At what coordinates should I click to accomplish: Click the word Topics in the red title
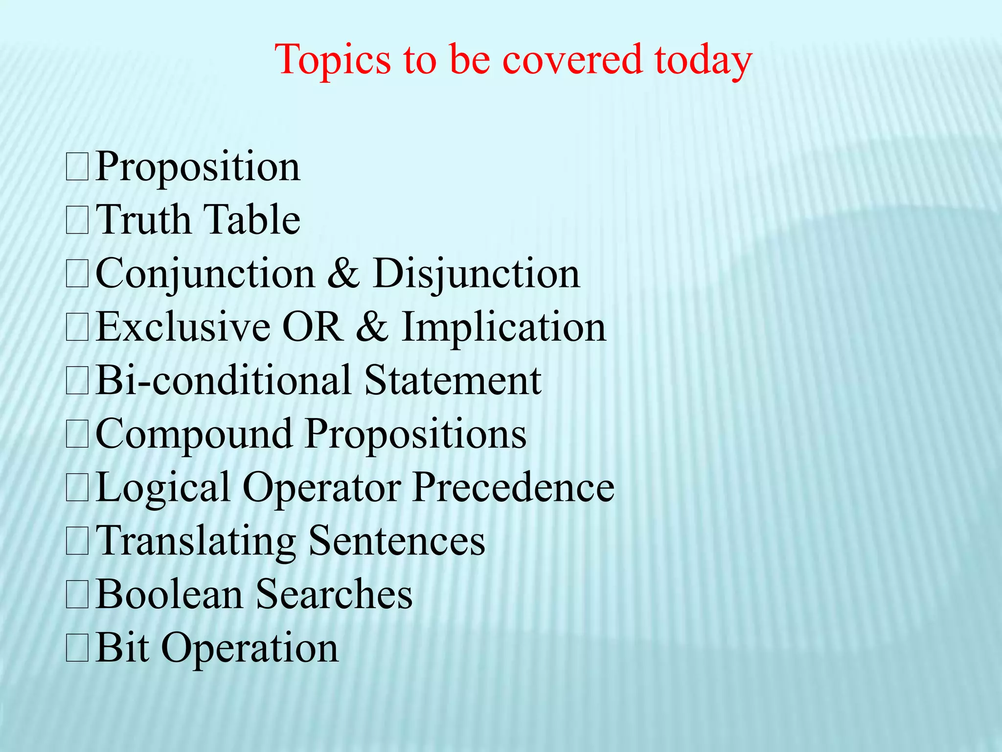pyautogui.click(x=333, y=60)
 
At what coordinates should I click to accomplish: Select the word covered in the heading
pyautogui.click(x=572, y=60)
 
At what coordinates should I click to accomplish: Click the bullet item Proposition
pyautogui.click(x=198, y=167)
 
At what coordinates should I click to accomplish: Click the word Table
pyautogui.click(x=251, y=220)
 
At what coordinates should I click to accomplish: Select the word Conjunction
pyautogui.click(x=205, y=274)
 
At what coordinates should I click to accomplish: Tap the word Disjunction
pyautogui.click(x=476, y=274)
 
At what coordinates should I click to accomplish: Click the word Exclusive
pyautogui.click(x=182, y=327)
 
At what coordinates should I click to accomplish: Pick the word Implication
pyautogui.click(x=503, y=327)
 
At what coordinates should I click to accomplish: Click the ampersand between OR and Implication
pyautogui.click(x=372, y=327)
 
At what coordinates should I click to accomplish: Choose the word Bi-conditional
pyautogui.click(x=223, y=380)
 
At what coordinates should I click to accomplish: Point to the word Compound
pyautogui.click(x=194, y=434)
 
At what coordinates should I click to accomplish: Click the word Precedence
pyautogui.click(x=513, y=488)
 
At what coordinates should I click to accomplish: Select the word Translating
pyautogui.click(x=196, y=541)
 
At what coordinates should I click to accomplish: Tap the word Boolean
pyautogui.click(x=169, y=594)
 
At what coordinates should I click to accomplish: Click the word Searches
pyautogui.click(x=335, y=594)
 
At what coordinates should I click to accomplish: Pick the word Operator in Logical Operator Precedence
pyautogui.click(x=321, y=488)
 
